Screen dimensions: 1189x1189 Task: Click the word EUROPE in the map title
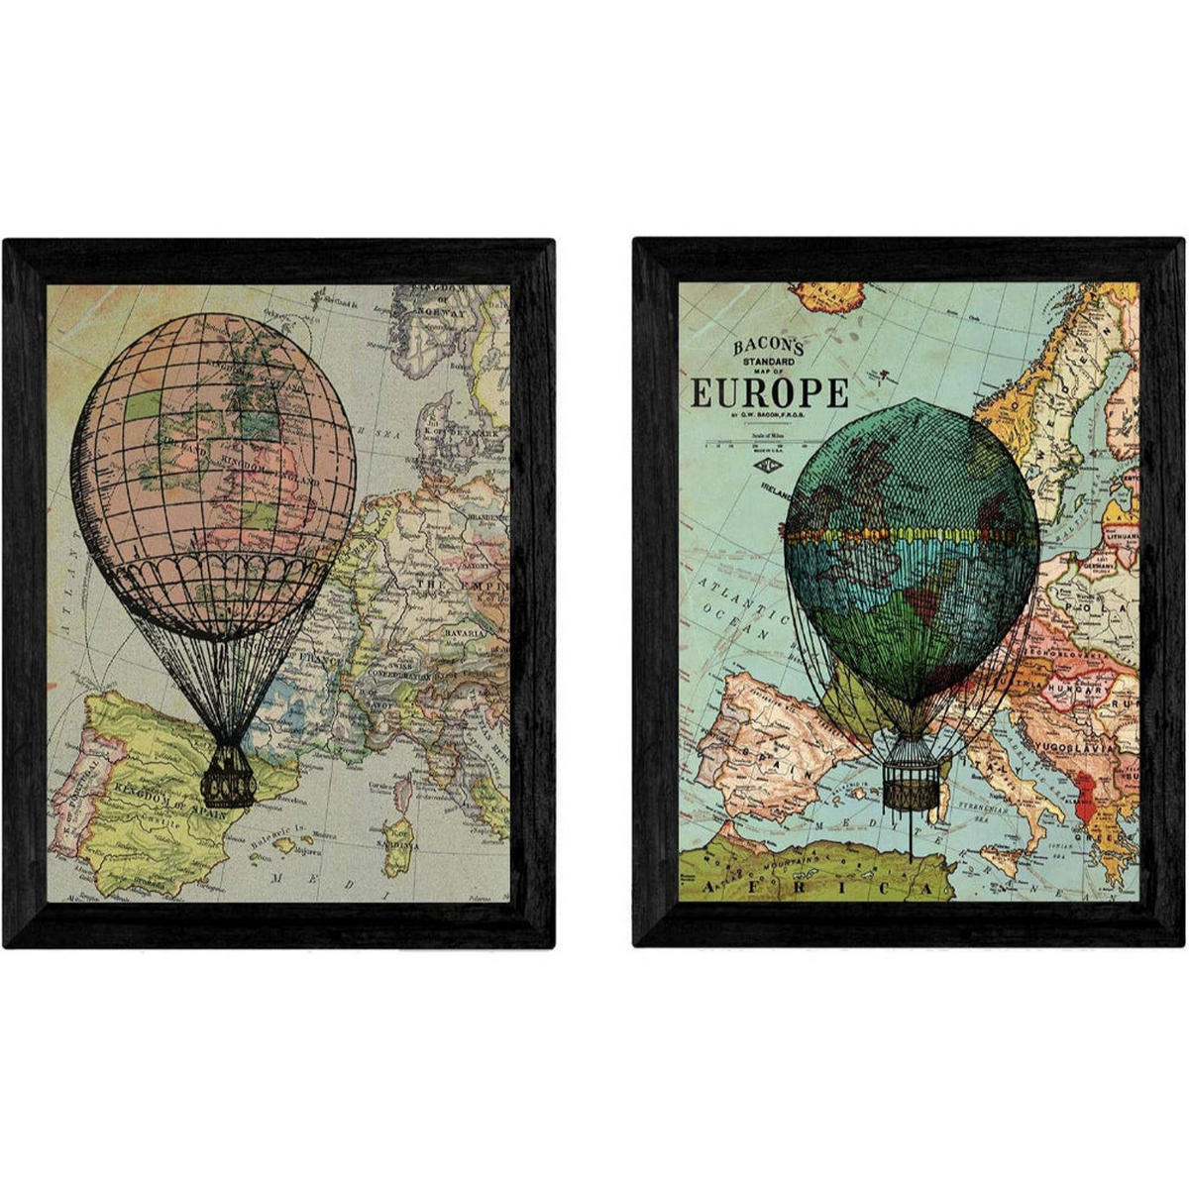point(769,392)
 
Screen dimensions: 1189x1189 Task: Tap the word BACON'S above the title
point(769,347)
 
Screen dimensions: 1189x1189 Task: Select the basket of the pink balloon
point(229,775)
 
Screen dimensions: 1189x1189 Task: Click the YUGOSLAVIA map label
point(1089,748)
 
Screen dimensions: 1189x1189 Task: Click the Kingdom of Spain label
point(168,793)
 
